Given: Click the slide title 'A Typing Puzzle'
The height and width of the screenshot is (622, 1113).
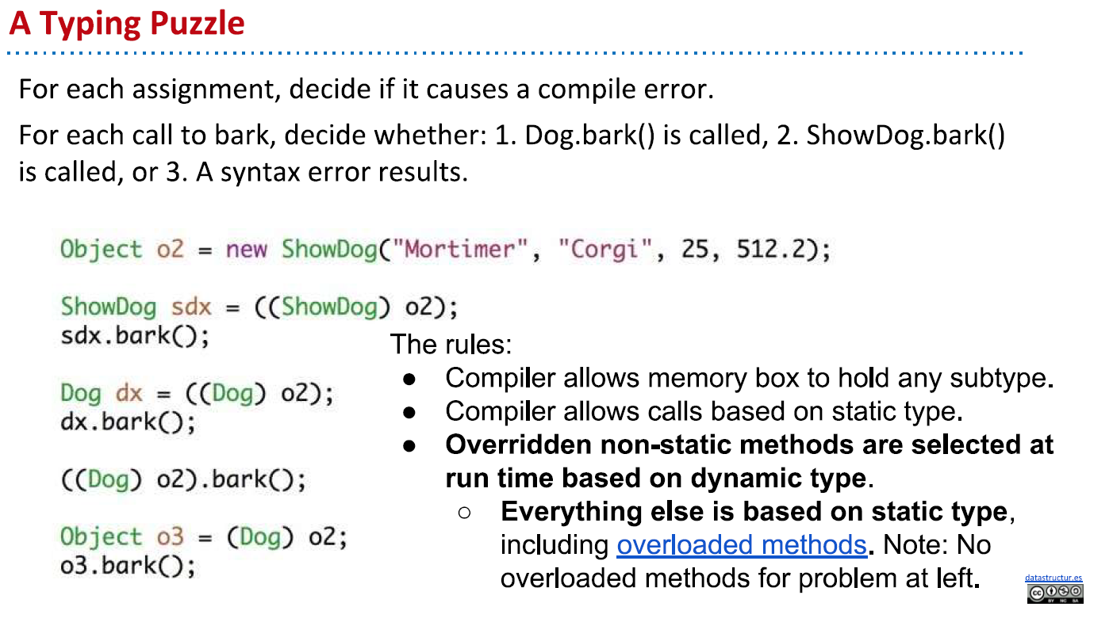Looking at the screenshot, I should tap(127, 24).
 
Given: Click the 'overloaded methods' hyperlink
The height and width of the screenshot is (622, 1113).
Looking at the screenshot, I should tap(741, 545).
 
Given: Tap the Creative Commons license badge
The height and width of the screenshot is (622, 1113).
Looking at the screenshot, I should tap(1054, 593).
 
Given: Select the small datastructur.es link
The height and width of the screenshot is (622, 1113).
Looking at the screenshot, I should tap(1054, 578).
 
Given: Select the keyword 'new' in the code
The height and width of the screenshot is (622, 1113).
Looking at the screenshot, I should tap(247, 250).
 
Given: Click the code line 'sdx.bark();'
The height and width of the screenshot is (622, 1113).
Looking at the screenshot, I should tap(136, 336).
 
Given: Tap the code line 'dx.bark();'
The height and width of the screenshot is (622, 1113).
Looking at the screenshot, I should tap(128, 422).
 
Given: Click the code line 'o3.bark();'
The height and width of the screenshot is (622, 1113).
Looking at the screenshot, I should tap(128, 566).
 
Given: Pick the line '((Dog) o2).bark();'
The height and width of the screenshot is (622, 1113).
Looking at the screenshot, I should tap(183, 479).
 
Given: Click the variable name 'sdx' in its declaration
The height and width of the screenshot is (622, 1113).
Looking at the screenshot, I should tap(191, 307).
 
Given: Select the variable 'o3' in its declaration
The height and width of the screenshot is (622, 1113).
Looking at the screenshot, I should tap(170, 537).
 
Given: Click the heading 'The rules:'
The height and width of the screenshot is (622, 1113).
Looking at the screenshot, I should tap(451, 345).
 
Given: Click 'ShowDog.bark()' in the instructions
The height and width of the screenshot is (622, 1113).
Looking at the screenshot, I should tap(905, 135).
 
